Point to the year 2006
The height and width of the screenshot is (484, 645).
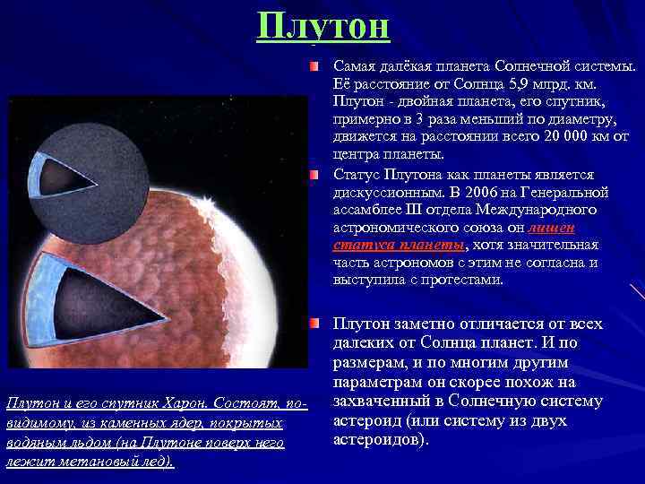pos(501,192)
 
